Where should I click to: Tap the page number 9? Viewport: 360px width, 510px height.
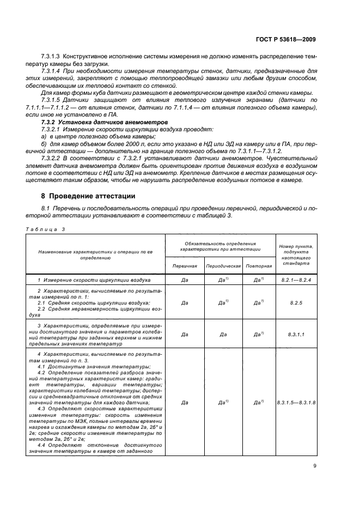(x=315, y=465)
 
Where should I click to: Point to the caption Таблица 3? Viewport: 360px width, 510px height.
(x=46, y=229)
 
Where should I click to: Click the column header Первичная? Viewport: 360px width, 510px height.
(x=185, y=266)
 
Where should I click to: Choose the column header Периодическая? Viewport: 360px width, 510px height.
(x=223, y=266)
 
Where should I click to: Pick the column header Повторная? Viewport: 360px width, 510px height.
(x=258, y=266)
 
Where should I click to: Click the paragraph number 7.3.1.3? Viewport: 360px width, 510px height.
(x=52, y=57)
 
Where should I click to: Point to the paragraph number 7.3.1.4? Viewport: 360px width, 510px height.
(x=52, y=71)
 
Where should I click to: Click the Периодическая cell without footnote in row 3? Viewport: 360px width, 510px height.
(x=223, y=335)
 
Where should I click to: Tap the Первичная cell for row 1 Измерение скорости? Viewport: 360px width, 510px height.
(x=185, y=280)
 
